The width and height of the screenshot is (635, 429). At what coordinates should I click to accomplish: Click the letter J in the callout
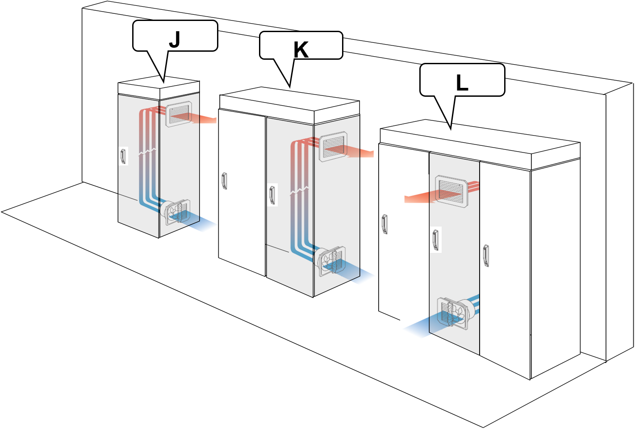click(175, 40)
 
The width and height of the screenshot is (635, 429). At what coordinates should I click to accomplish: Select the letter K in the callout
click(301, 50)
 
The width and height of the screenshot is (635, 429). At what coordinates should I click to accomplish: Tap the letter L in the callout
click(462, 83)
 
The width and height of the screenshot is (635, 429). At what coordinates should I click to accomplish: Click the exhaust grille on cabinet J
click(179, 114)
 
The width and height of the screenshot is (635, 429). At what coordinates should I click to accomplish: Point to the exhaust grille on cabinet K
click(334, 146)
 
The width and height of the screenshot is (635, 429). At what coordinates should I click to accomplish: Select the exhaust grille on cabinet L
click(451, 191)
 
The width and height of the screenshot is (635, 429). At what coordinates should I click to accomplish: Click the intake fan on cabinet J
click(177, 213)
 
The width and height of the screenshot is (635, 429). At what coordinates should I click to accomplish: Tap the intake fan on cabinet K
click(332, 261)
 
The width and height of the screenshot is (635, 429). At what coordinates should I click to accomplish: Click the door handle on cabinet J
click(123, 156)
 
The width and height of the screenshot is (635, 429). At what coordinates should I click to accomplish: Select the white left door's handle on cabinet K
click(225, 181)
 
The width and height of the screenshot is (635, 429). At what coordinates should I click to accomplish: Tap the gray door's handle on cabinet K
click(272, 195)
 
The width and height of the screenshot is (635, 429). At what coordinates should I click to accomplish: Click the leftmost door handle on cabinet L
click(384, 224)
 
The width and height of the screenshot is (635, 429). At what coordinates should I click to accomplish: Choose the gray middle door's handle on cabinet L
click(435, 240)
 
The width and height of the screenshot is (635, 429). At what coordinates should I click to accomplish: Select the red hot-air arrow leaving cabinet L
click(418, 198)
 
